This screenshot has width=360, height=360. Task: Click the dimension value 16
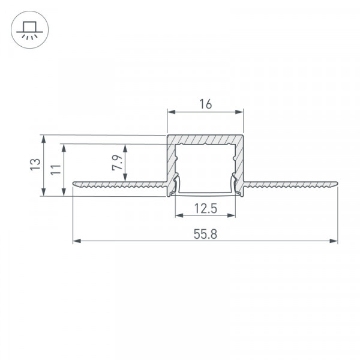[205, 104]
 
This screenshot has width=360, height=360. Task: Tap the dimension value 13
[35, 164]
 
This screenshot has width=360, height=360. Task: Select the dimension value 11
[56, 170]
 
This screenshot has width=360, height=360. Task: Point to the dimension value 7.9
[118, 163]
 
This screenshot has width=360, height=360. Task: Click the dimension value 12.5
[205, 208]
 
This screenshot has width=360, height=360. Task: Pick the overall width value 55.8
[205, 235]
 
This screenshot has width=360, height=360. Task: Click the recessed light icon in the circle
[29, 30]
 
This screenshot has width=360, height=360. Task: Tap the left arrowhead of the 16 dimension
[171, 112]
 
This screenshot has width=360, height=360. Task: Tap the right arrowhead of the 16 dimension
[239, 112]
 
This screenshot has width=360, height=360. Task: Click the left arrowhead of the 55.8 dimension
[77, 241]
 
